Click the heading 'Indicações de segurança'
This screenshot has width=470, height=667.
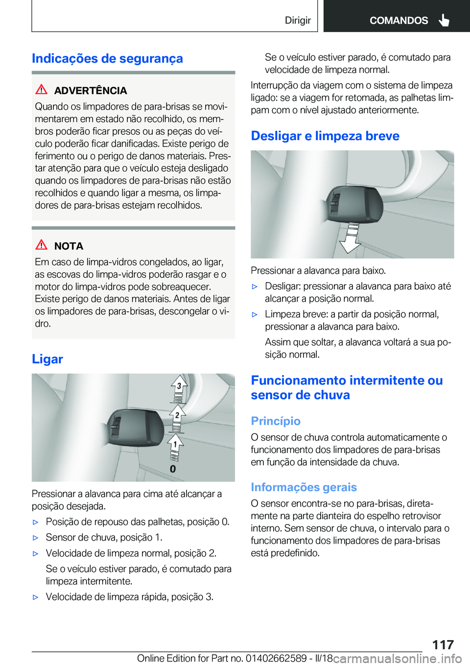tap(107, 58)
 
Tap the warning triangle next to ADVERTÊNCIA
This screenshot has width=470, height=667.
tap(42, 90)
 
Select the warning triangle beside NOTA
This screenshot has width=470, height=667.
tap(42, 245)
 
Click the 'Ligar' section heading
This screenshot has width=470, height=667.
tap(47, 359)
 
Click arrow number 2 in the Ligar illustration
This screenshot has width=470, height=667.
tap(177, 416)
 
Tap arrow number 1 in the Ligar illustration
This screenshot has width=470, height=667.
tap(175, 444)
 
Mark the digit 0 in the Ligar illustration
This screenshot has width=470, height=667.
tap(173, 469)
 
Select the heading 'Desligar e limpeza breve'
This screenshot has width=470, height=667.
tap(325, 136)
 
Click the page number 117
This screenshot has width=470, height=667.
tap(443, 644)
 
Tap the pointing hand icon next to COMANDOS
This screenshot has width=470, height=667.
tap(444, 20)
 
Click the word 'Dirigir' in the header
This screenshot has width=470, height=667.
tap(298, 20)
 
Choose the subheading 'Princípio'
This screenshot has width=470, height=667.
tap(276, 421)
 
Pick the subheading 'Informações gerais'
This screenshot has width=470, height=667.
tap(304, 487)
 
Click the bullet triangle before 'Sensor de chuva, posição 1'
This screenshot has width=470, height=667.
tap(35, 538)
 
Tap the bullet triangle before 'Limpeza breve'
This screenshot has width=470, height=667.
tap(255, 315)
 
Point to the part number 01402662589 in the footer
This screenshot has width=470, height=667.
tap(276, 658)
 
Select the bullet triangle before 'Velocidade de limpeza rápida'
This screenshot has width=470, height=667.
tap(35, 597)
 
